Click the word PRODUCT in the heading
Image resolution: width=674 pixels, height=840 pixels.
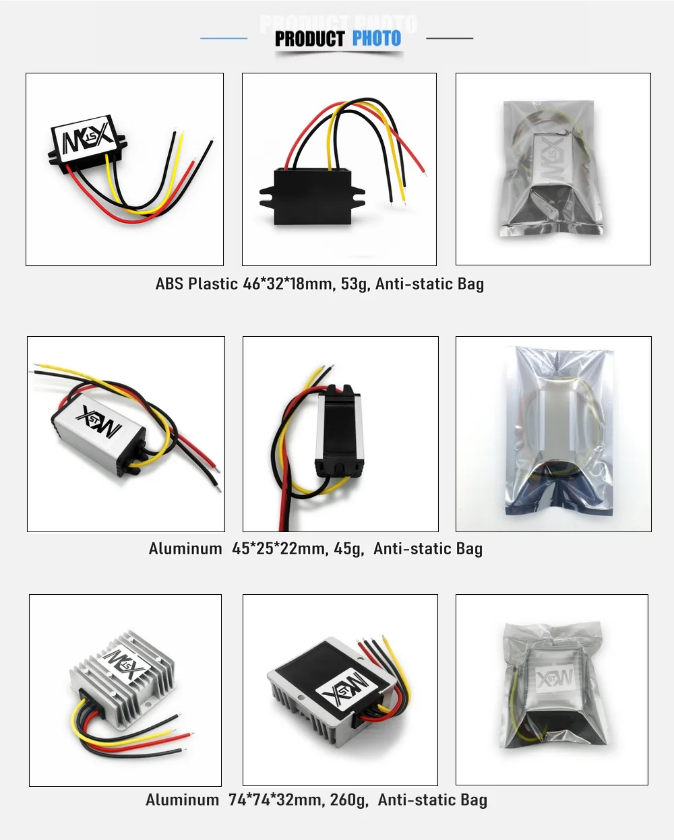(309, 38)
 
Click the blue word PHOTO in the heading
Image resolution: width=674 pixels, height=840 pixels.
(377, 38)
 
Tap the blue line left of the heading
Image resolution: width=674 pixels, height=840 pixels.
(224, 38)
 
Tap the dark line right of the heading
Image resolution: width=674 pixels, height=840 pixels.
(450, 38)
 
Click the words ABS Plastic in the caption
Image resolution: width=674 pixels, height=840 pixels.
(196, 284)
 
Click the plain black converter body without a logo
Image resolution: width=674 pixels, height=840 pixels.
(312, 196)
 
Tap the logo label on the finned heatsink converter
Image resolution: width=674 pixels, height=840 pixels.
(123, 664)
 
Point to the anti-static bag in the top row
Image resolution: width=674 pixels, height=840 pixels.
(552, 168)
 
